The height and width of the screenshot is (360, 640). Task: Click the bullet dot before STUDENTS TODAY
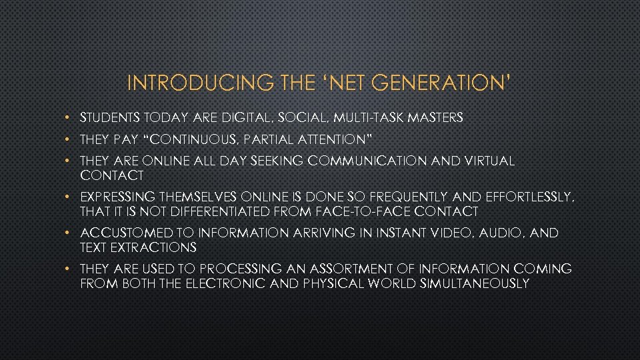coord(70,118)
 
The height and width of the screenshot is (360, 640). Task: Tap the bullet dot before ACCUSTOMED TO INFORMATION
coord(70,233)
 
